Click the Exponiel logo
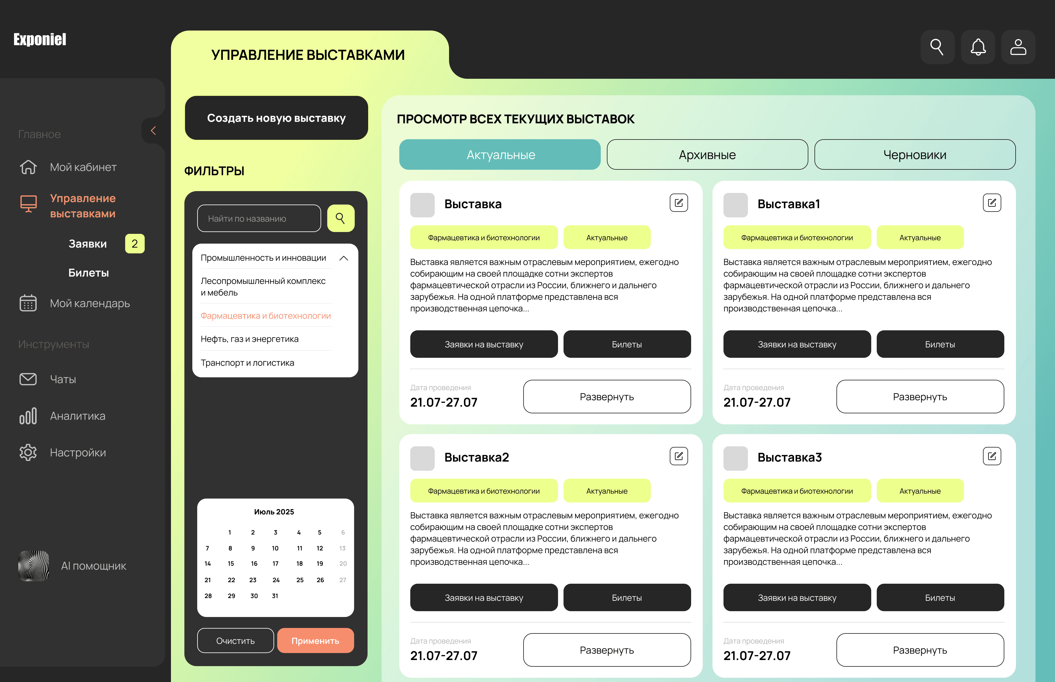(x=40, y=39)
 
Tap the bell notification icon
(x=978, y=47)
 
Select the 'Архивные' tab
(x=707, y=154)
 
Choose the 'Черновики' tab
(x=915, y=154)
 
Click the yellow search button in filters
(x=340, y=218)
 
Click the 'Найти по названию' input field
(x=259, y=218)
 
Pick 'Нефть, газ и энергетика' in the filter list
(x=250, y=339)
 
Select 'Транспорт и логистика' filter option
(x=248, y=363)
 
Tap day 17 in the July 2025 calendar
(x=275, y=564)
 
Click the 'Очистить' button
(x=236, y=640)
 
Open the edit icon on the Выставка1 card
(x=992, y=203)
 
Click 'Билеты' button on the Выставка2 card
(x=627, y=597)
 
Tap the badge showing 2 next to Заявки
(x=135, y=244)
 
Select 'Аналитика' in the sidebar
(x=78, y=416)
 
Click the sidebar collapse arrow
(x=153, y=131)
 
